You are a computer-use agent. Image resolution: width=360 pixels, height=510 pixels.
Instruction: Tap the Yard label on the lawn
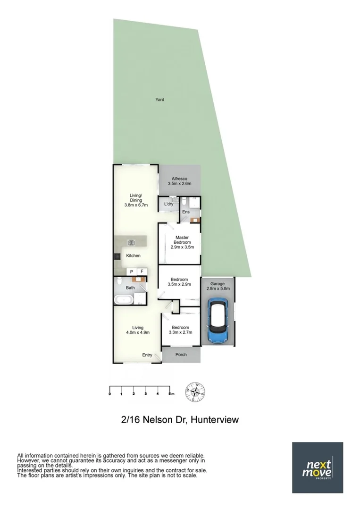click(160, 100)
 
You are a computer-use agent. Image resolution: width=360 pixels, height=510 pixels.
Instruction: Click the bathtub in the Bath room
click(123, 299)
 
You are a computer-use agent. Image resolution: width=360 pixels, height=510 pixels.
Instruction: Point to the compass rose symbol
click(195, 392)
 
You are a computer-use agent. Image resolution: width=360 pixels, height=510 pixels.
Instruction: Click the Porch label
click(181, 355)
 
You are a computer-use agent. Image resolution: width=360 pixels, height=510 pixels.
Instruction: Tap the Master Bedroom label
click(182, 242)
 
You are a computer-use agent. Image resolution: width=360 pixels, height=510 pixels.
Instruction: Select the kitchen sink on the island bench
click(131, 243)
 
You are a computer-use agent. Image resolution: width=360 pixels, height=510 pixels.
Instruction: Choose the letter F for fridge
click(142, 272)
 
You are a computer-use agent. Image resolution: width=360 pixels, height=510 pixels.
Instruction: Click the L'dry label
click(168, 204)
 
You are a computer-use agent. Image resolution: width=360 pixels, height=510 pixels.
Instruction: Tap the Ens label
click(185, 212)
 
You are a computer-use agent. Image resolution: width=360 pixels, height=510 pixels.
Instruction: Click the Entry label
click(148, 355)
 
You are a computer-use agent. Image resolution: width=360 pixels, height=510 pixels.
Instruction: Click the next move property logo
click(318, 467)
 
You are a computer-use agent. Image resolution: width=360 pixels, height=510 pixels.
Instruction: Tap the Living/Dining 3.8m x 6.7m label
click(136, 200)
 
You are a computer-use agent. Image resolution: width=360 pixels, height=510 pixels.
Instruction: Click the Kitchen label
click(133, 255)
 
